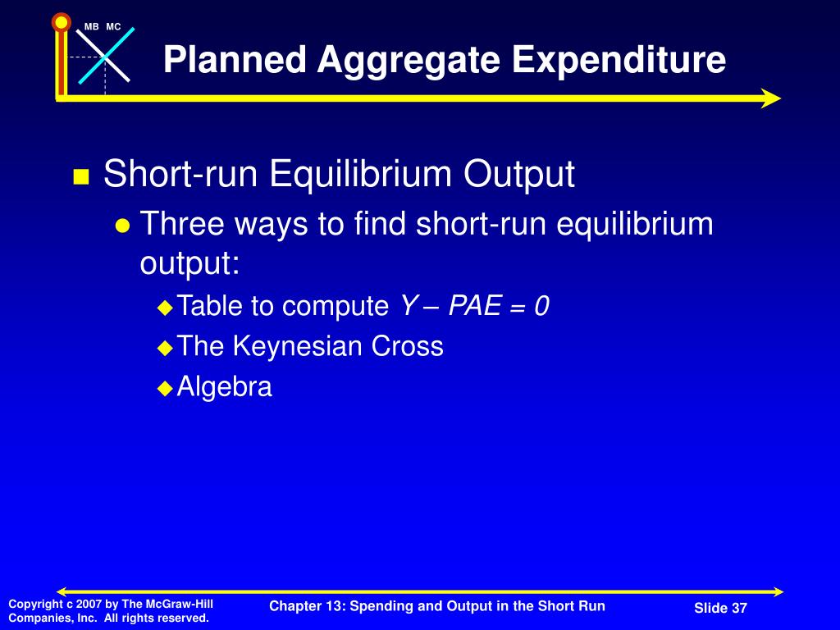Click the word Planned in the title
tap(235, 59)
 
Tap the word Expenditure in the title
tap(619, 59)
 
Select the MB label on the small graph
tap(92, 27)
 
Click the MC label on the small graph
tap(113, 27)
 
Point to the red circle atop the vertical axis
tap(61, 22)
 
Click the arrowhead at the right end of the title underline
tap(771, 98)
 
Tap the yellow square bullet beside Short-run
tap(81, 176)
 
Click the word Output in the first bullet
tap(518, 174)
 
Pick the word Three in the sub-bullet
tap(181, 223)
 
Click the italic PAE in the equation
tap(475, 306)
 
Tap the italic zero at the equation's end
tap(541, 306)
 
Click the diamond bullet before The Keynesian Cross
tap(166, 348)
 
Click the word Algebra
tap(225, 386)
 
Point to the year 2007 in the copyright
tap(89, 605)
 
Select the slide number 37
tap(740, 608)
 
